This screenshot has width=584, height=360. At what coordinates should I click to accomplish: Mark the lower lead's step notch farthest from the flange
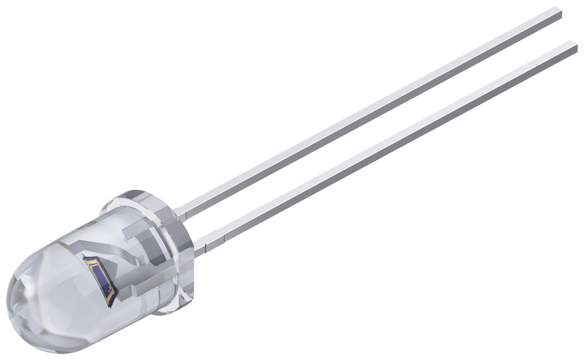224,231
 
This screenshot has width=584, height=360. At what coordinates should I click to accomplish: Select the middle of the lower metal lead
391,143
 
